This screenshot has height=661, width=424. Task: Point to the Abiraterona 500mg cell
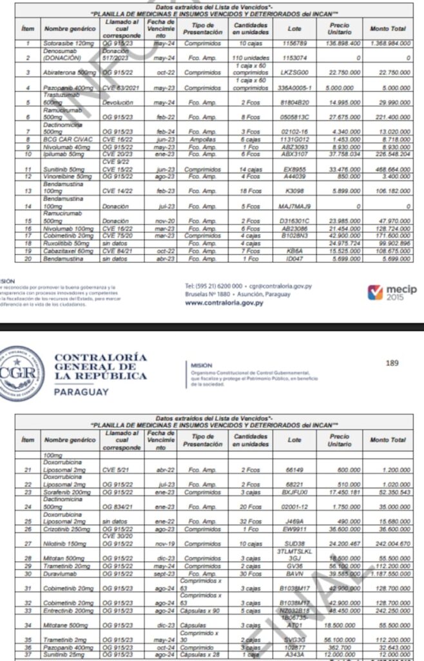pyautogui.click(x=69, y=72)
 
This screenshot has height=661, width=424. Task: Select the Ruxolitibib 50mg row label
pyautogui.click(x=66, y=243)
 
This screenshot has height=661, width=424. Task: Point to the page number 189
pyautogui.click(x=392, y=363)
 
